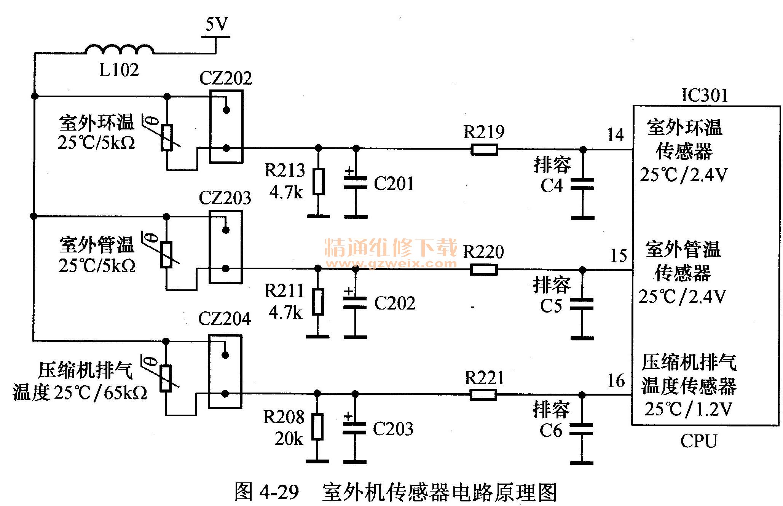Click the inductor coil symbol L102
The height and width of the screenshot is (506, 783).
[x=119, y=49]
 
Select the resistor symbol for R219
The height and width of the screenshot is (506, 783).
[x=484, y=149]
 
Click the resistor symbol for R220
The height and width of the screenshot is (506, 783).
[x=484, y=270]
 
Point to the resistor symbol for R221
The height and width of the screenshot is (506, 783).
[x=483, y=394]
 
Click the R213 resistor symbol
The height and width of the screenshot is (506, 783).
[x=319, y=182]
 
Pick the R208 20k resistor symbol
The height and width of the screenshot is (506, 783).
[x=317, y=427]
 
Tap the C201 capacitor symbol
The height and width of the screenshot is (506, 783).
[x=356, y=183]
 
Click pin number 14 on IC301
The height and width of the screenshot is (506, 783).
[x=616, y=135]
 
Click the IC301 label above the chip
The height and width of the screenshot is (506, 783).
[x=705, y=95]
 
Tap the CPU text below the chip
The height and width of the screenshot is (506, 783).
[x=698, y=441]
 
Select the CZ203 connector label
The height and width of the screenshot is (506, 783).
[x=225, y=198]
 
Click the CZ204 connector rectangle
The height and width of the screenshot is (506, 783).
[x=225, y=372]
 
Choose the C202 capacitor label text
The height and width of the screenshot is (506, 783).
[x=395, y=303]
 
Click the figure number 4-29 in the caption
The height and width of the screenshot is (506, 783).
[x=279, y=492]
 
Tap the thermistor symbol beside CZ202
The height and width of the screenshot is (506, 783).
[x=167, y=137]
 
